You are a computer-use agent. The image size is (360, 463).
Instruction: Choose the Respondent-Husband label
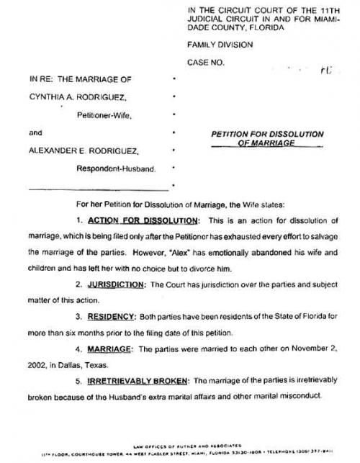[x=115, y=169]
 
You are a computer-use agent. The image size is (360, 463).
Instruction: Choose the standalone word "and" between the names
[x=36, y=132]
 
